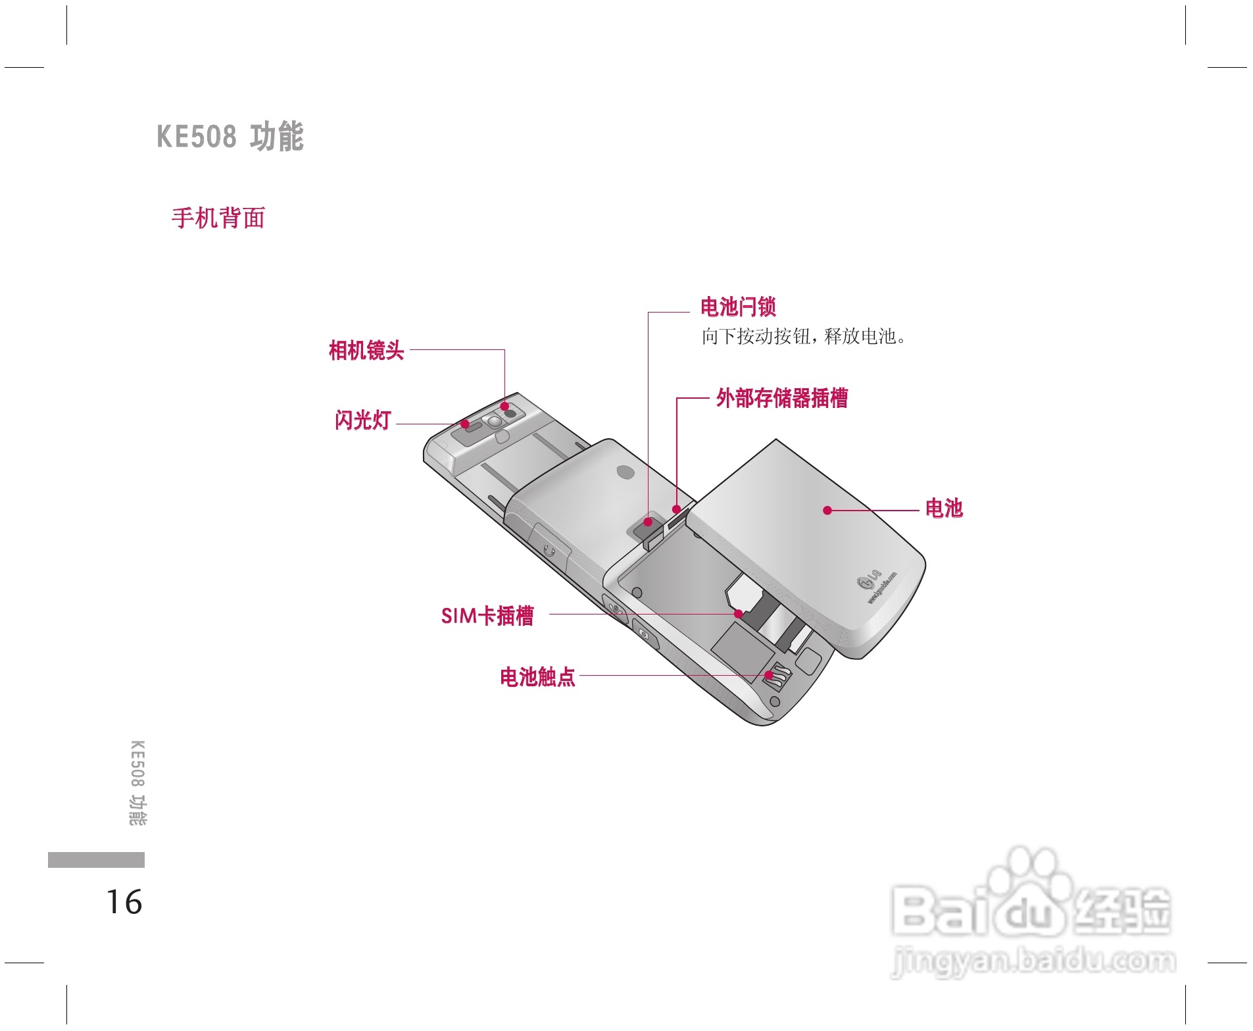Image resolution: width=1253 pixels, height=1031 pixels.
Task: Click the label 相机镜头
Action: point(366,350)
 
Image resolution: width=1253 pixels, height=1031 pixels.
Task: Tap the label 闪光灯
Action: point(362,420)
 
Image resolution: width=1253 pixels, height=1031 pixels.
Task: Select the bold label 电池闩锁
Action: point(737,307)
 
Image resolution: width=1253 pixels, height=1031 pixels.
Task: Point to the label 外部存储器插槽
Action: point(781,398)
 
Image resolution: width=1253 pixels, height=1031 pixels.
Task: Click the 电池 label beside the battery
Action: point(943,509)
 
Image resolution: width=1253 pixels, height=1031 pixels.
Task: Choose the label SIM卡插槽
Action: point(487,616)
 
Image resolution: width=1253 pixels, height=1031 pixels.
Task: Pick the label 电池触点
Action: point(537,676)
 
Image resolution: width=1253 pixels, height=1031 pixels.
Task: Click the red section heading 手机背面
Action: point(218,218)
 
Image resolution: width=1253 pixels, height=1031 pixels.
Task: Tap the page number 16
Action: point(124,902)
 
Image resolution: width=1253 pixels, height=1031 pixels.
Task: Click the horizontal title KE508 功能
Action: point(230,136)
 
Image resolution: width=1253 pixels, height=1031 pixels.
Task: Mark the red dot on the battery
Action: point(827,510)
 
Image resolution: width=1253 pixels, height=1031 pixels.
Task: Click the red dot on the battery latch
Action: point(648,522)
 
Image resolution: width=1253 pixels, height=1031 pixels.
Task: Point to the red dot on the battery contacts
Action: point(768,675)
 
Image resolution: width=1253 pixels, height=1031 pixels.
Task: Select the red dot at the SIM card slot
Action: point(739,614)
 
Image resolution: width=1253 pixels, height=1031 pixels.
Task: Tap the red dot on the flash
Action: point(464,424)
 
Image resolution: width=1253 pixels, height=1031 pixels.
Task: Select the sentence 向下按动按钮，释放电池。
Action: point(803,337)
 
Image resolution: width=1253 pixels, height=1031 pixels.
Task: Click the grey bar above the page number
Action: point(96,860)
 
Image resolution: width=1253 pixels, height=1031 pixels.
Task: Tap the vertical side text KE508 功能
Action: point(137,783)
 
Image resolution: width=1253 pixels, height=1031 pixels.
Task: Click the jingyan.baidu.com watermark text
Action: point(1033,961)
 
